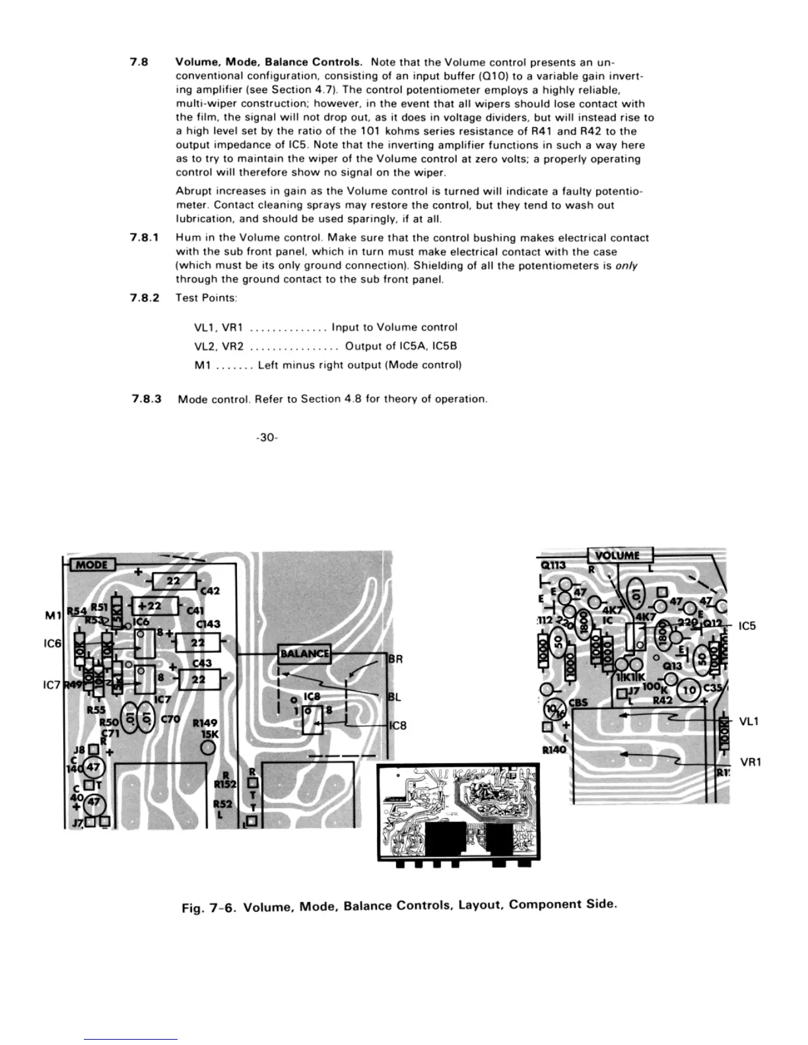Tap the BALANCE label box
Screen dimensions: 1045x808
[x=304, y=654]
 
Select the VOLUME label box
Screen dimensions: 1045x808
[x=619, y=555]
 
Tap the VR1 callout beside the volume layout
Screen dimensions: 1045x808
[x=751, y=762]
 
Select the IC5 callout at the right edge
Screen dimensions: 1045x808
[x=747, y=625]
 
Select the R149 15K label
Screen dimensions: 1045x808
[x=205, y=728]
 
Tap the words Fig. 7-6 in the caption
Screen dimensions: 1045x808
[x=208, y=908]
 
